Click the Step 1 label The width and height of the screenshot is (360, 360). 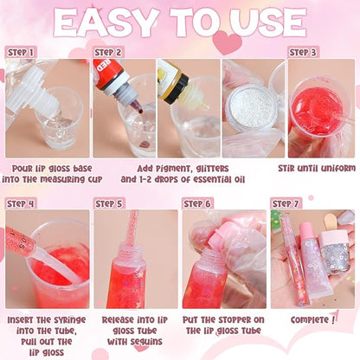(22, 52)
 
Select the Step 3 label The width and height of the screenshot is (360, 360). (303, 52)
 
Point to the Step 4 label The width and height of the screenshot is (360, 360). (22, 203)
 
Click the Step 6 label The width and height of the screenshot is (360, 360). (199, 203)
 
